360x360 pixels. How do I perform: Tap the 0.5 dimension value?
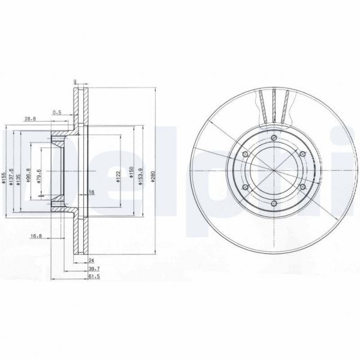pos(57,111)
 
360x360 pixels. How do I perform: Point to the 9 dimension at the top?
pos(74,82)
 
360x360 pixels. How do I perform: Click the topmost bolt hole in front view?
pos(274,138)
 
